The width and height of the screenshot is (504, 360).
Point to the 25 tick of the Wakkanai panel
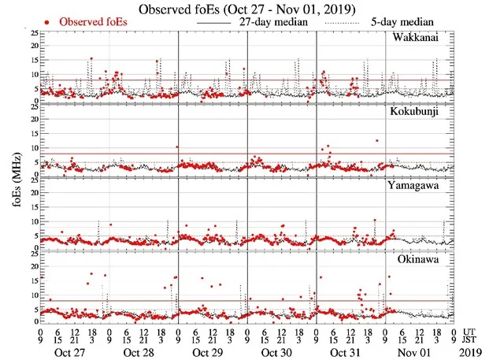[x=31, y=34]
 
